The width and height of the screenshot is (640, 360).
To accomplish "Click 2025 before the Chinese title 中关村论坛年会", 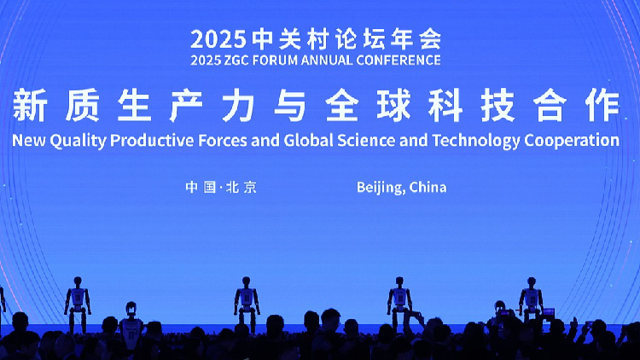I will [218, 38].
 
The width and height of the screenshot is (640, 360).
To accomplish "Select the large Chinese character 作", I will [603, 106].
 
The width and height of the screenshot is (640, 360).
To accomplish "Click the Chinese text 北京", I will [241, 188].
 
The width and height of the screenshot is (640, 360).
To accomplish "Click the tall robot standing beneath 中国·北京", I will [247, 303].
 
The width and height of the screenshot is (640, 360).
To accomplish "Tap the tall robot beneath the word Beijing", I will [399, 303].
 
